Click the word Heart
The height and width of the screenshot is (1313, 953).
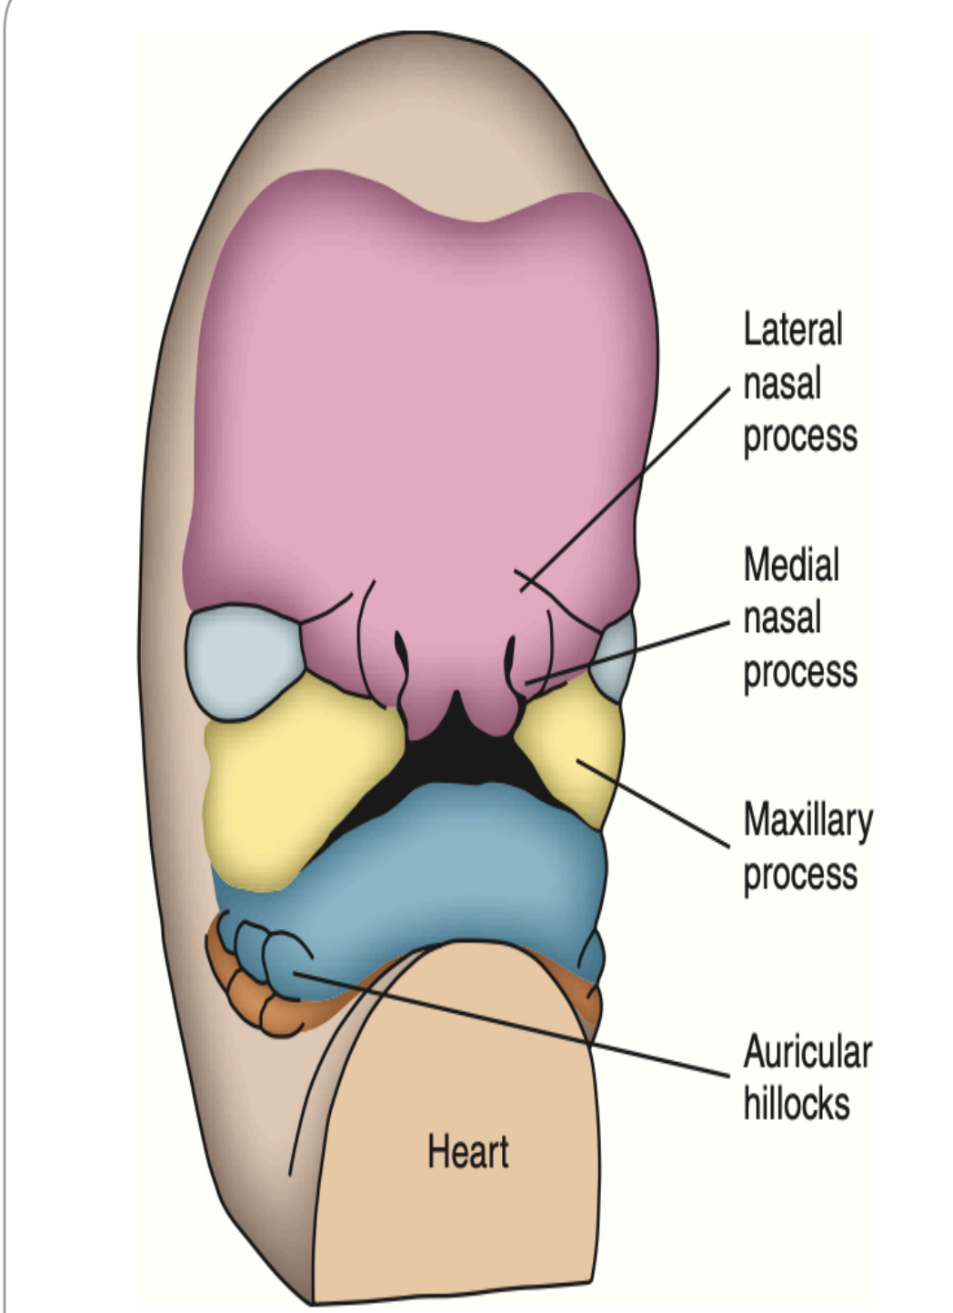click(x=467, y=1152)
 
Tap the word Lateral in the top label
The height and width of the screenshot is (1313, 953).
click(x=793, y=329)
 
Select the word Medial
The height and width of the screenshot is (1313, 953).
click(x=791, y=565)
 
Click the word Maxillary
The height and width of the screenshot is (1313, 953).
click(x=808, y=820)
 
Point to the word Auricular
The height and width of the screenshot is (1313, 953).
click(x=808, y=1053)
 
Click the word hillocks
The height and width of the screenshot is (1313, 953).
click(x=797, y=1104)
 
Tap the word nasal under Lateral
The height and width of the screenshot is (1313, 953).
click(x=782, y=383)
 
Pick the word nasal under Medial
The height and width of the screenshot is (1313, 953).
click(x=782, y=618)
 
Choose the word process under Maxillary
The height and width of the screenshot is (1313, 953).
click(x=800, y=875)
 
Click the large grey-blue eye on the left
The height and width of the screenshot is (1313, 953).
click(x=244, y=656)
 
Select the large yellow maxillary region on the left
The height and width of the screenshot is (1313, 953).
click(x=291, y=782)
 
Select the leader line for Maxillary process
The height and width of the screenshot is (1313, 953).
click(x=655, y=805)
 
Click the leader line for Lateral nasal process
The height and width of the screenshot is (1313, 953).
click(x=627, y=482)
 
